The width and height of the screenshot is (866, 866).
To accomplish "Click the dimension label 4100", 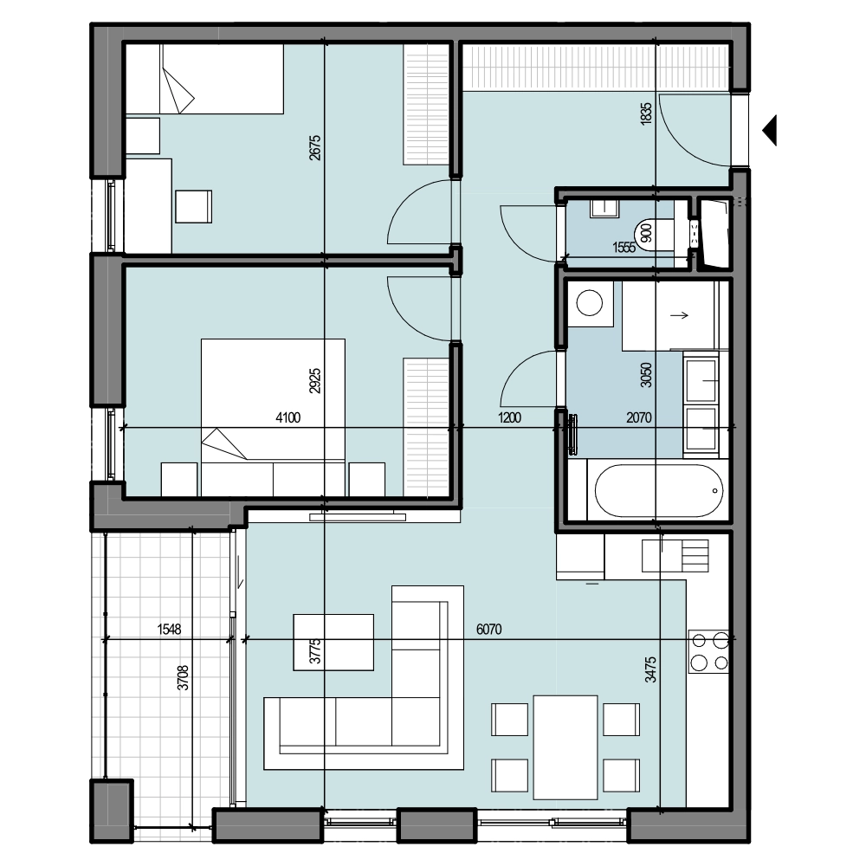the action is pos(288,417).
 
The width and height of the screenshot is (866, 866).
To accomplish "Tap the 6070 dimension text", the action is pos(488,629).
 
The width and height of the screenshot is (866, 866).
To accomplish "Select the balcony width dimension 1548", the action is pos(169,629).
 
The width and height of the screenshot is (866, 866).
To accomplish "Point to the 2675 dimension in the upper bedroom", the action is pos(315,147).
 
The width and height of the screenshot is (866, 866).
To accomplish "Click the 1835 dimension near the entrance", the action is pos(646,113).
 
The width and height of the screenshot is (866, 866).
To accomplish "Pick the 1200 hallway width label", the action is pos(509,417).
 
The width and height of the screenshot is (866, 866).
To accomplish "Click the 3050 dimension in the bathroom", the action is pos(646,374).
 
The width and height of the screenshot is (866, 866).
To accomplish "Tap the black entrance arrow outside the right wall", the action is pos(770,131).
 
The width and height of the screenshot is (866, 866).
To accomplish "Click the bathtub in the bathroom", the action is pos(659,490).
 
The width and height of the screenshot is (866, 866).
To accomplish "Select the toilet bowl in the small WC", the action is pos(654,234).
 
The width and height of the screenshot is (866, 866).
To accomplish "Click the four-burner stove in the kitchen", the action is pos(709,651).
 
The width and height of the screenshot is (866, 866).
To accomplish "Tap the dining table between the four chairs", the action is pos(565,747).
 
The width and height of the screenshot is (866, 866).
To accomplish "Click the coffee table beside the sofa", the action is pos(333,643).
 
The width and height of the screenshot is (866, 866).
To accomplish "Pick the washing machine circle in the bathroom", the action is pos(589,303).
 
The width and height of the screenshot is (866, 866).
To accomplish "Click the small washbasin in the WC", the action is pos(604,209).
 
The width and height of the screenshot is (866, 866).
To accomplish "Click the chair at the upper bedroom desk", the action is pos(193,207).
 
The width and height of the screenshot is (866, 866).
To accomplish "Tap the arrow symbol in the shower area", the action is pos(679,315).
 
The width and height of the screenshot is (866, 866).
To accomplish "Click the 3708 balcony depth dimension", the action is pos(183,678).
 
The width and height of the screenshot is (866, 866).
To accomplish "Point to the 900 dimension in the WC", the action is pos(646,233).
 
